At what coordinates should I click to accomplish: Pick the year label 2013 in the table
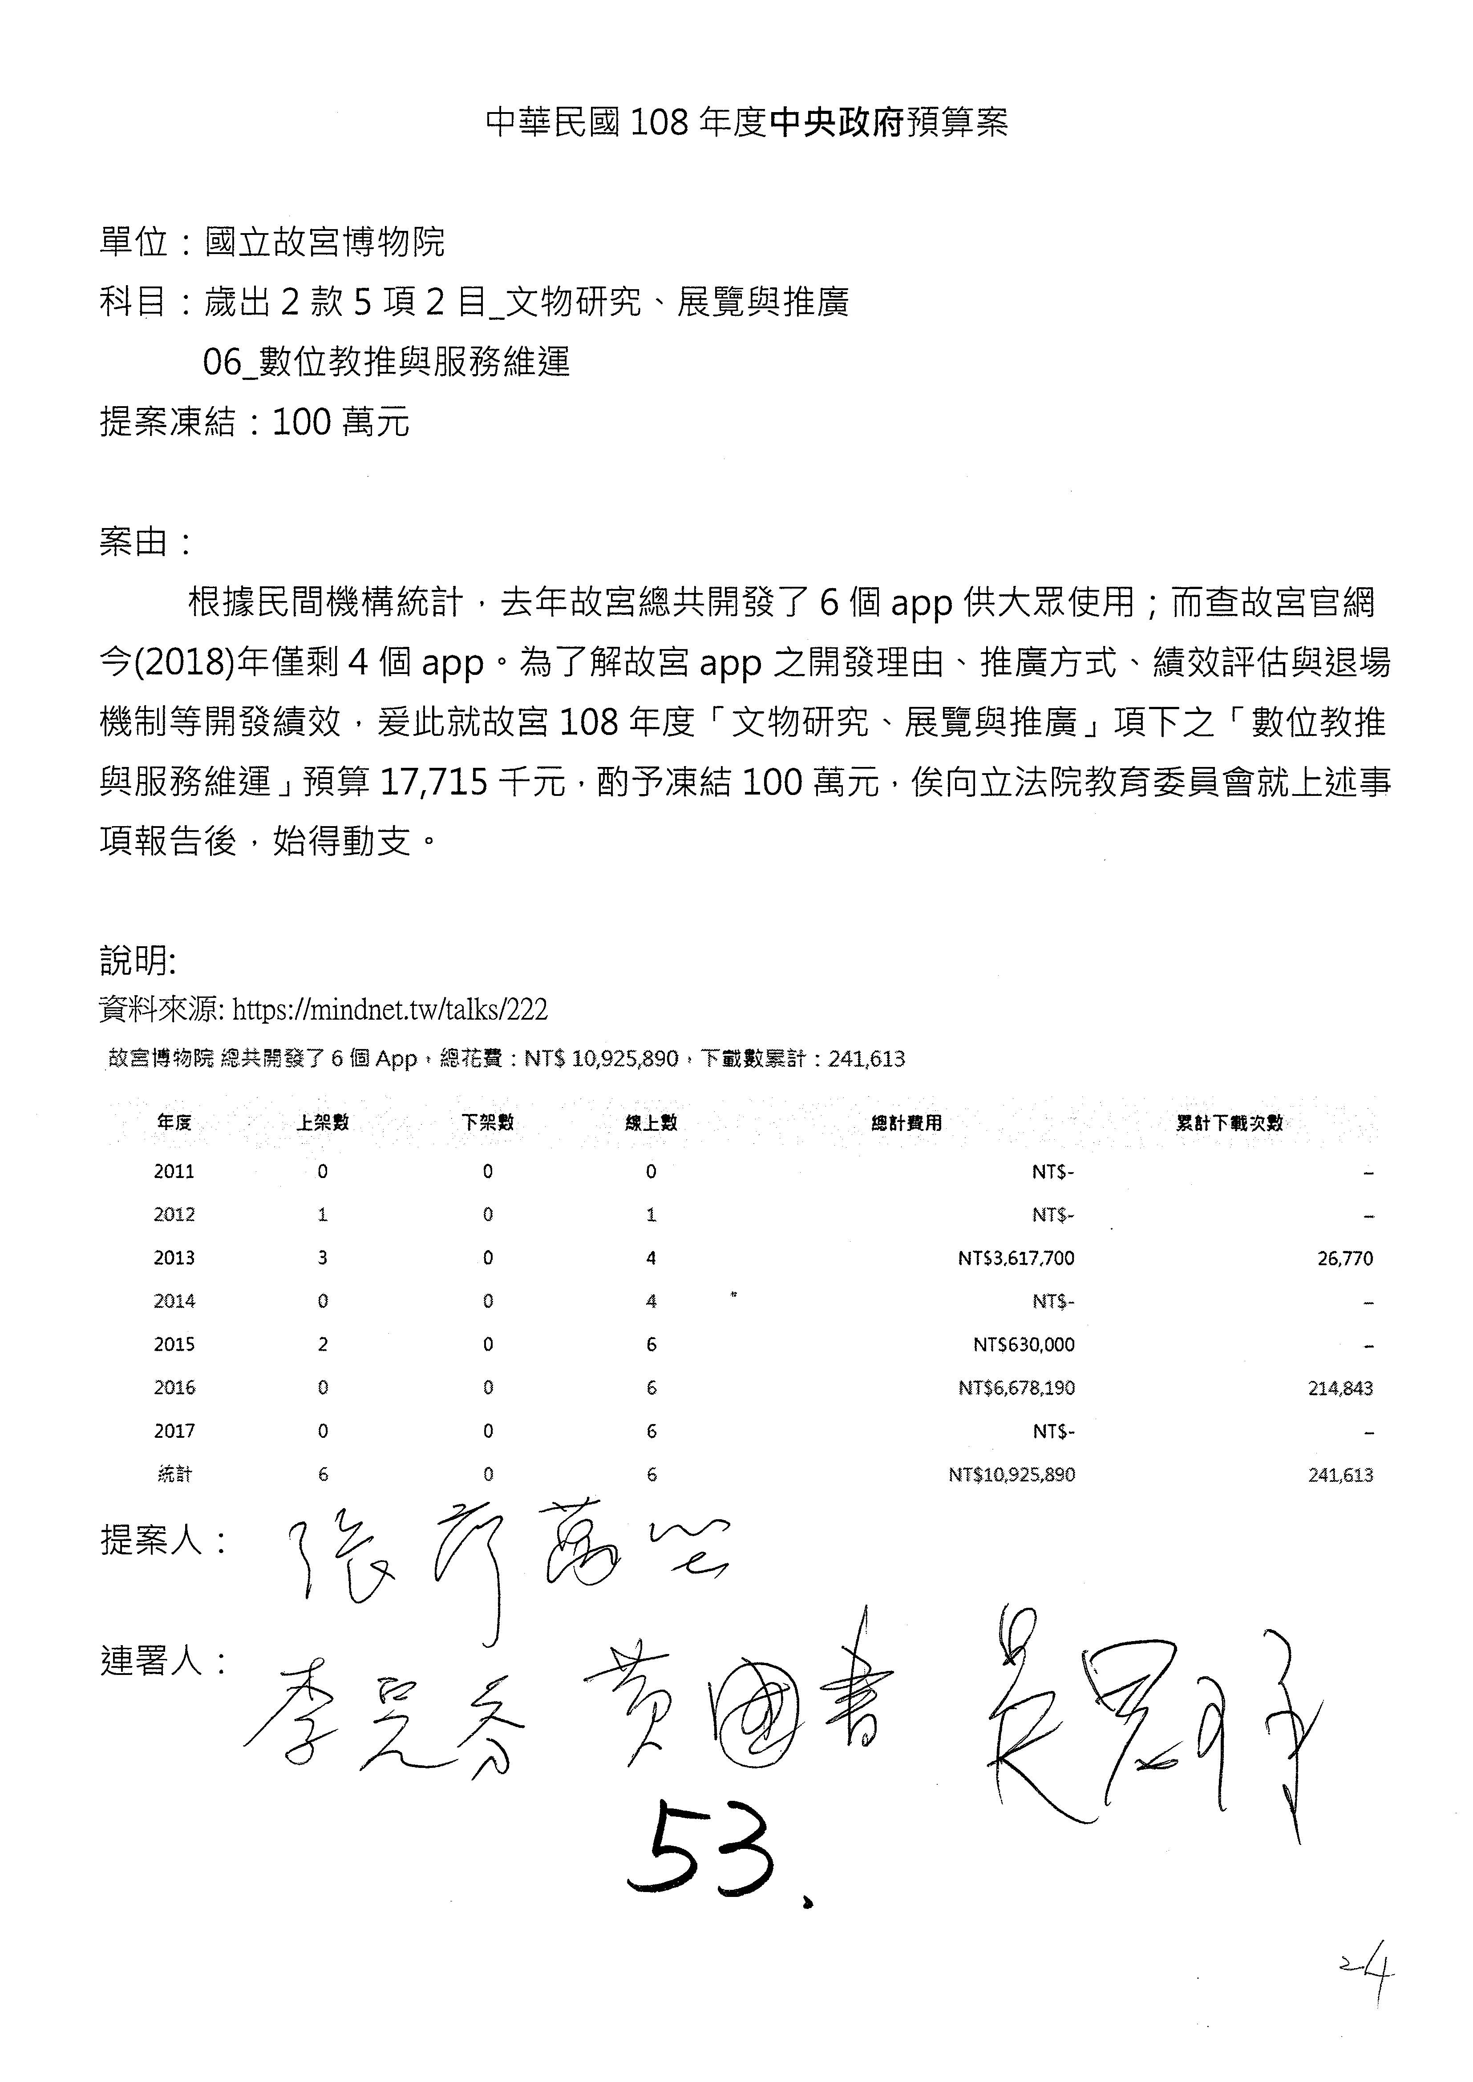(x=174, y=1258)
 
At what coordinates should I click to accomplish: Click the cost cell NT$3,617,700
(x=1016, y=1258)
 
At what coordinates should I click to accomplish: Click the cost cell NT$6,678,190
(x=1016, y=1388)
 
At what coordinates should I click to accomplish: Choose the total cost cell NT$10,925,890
(x=1012, y=1474)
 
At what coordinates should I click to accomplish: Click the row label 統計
(x=174, y=1474)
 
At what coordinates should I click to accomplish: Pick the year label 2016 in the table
(x=174, y=1388)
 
